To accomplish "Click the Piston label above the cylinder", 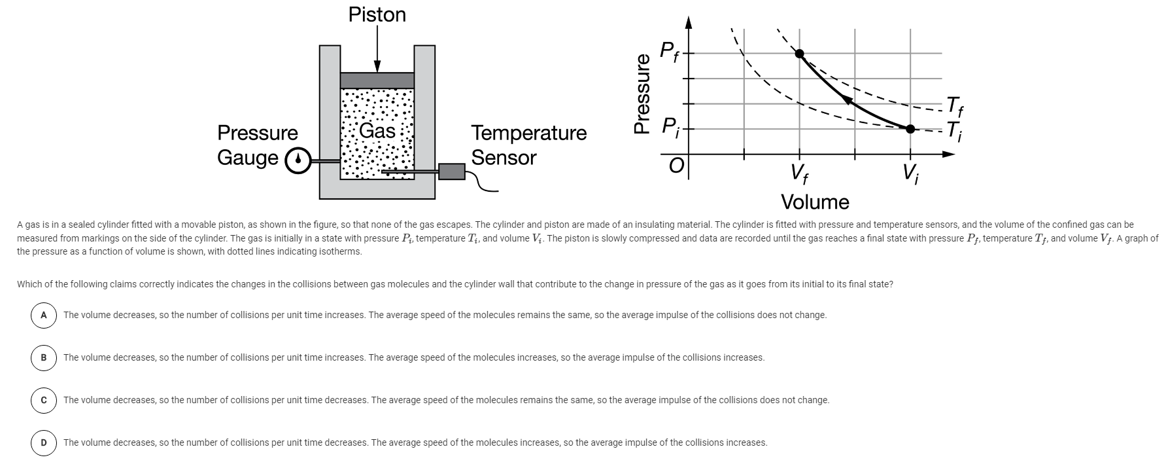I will click(x=377, y=14).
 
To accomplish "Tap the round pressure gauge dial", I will click(x=298, y=160).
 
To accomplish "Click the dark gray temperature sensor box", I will click(x=451, y=171).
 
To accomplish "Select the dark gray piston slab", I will click(x=377, y=81).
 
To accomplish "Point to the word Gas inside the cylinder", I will click(x=377, y=131).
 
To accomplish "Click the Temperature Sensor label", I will click(x=528, y=145).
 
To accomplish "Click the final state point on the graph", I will click(x=799, y=54).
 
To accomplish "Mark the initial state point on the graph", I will click(x=910, y=128).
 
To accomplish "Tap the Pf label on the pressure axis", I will click(x=668, y=50).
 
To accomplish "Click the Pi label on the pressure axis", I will click(x=670, y=126).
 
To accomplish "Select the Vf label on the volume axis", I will click(x=798, y=173).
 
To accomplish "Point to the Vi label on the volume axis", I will click(x=910, y=173).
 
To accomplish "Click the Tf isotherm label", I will click(x=954, y=105).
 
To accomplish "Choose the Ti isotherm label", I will click(x=954, y=130).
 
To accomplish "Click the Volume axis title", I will click(x=815, y=202).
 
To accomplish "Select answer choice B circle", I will click(x=44, y=357).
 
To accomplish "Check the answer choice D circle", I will click(x=44, y=442).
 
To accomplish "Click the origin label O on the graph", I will click(x=676, y=166).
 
